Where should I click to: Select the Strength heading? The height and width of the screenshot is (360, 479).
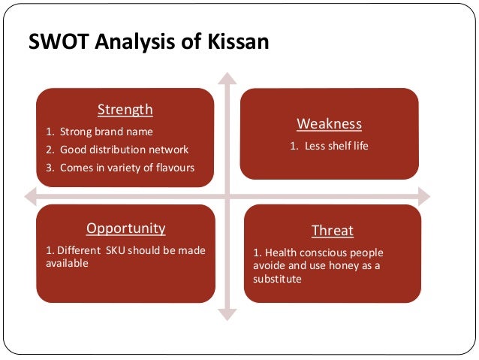pos(125,110)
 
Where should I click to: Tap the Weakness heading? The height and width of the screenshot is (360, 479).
pos(329,123)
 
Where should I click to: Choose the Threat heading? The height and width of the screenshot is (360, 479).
pos(332,231)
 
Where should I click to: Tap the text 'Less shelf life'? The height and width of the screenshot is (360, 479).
pos(336,145)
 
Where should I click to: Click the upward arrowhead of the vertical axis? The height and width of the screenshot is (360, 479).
pos(227,77)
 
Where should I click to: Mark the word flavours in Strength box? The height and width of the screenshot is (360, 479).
pos(174,167)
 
